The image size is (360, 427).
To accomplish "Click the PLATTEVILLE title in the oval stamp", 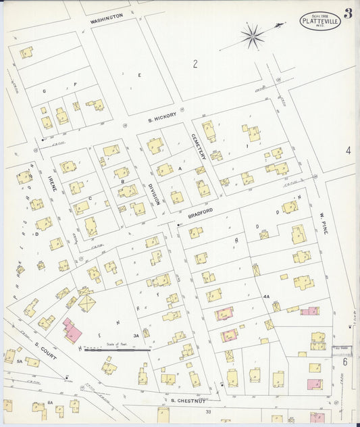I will [x=320, y=22].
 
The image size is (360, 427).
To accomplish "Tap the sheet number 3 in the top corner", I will [x=347, y=14].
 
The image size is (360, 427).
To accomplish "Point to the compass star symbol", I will [x=252, y=36].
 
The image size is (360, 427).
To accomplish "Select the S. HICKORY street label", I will [x=162, y=118].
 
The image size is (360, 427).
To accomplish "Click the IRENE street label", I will [x=53, y=180].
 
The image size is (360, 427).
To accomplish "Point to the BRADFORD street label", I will [x=201, y=214].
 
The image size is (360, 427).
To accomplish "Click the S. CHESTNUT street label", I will [x=182, y=401].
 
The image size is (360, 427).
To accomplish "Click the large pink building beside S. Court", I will [x=70, y=331].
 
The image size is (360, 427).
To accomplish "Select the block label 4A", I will [x=266, y=296].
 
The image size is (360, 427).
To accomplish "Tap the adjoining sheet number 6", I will [x=344, y=362].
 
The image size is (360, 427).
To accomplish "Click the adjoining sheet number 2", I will [x=195, y=64].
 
